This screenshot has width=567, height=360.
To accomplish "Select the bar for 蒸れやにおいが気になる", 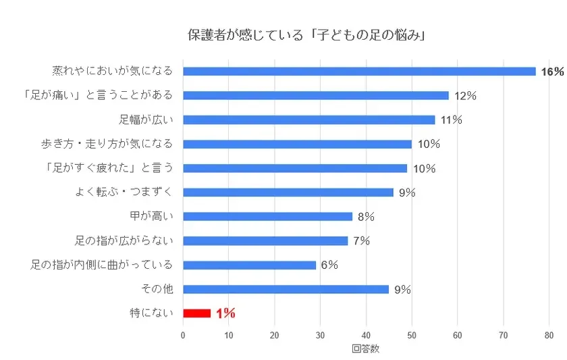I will click(359, 71).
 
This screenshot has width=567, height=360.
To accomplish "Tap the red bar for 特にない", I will click(196, 313).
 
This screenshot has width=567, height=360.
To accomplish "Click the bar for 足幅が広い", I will click(308, 120).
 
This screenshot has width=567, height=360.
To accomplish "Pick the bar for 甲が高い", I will click(267, 216).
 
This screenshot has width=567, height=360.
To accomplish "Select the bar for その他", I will click(286, 289).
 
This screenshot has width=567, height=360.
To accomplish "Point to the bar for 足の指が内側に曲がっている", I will click(249, 265).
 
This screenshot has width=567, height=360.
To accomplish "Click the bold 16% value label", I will click(551, 72).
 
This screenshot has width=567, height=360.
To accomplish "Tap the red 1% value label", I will click(225, 313).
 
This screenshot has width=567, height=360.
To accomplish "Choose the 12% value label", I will click(465, 96).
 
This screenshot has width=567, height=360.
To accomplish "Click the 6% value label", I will click(329, 265).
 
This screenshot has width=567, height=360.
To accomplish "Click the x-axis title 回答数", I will click(365, 349).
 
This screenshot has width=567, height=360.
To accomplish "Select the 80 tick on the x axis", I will click(549, 335).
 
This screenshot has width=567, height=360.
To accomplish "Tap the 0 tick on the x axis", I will click(183, 335).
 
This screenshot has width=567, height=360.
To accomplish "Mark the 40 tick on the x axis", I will click(366, 335).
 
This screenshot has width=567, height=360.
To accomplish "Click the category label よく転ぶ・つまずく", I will click(124, 192).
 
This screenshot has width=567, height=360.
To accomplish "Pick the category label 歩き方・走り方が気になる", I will click(107, 143).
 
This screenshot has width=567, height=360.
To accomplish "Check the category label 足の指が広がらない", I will click(124, 240).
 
